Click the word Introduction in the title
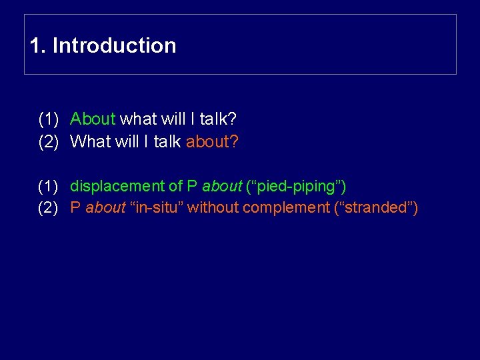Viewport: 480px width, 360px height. click(114, 46)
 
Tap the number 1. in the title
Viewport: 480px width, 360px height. click(38, 46)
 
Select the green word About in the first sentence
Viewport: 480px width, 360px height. click(93, 119)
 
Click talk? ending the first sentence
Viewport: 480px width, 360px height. click(219, 119)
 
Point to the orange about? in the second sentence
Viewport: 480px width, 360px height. click(212, 141)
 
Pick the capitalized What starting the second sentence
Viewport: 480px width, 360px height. click(89, 141)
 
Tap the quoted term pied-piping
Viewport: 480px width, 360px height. click(295, 186)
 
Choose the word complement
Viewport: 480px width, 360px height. click(288, 208)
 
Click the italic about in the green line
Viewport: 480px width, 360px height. click(222, 186)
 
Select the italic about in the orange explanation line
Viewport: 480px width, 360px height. click(105, 208)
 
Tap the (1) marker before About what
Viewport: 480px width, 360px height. click(49, 119)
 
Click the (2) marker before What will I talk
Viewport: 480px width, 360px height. click(49, 141)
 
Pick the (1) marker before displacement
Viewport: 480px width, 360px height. click(49, 186)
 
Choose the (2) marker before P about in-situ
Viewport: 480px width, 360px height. click(49, 208)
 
